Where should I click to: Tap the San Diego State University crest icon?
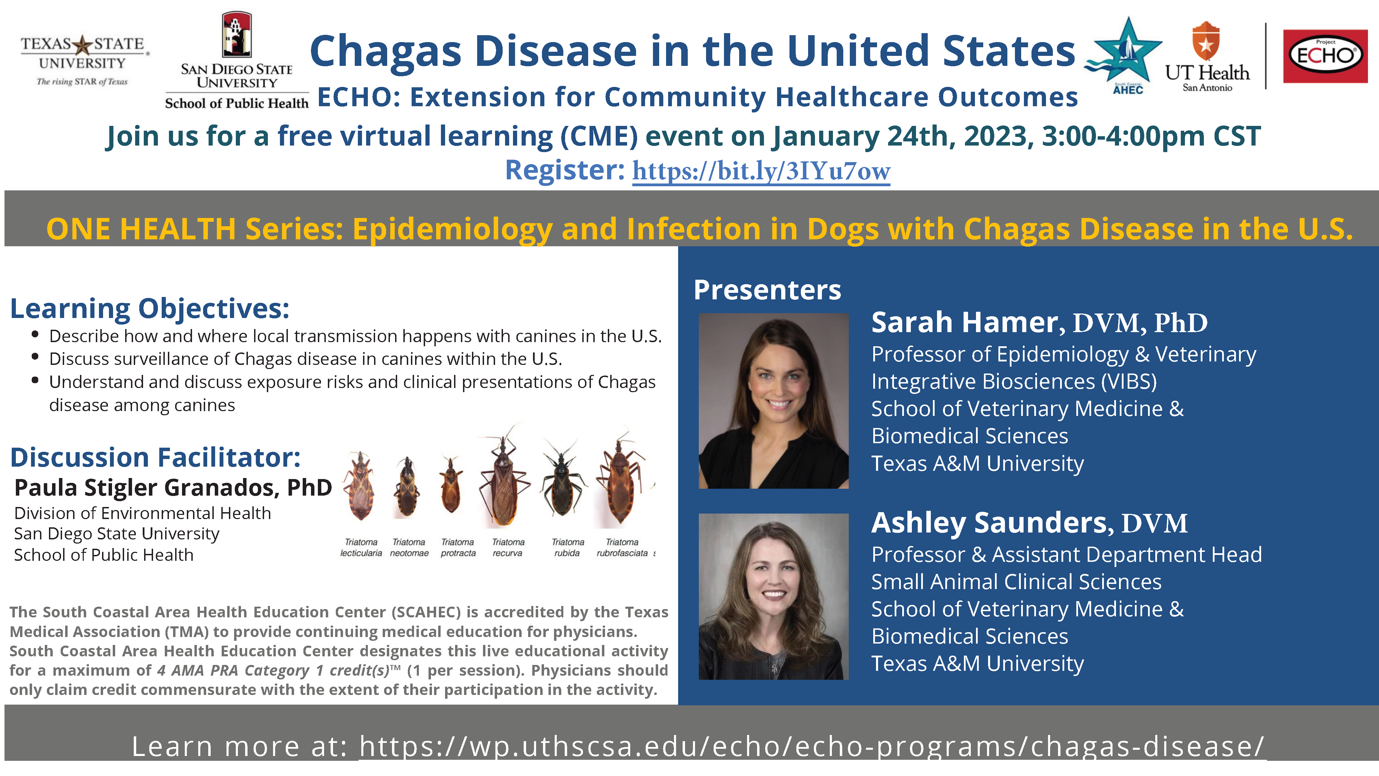pyautogui.click(x=236, y=35)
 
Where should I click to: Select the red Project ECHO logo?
pyautogui.click(x=1325, y=56)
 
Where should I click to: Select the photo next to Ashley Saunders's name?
pyautogui.click(x=774, y=597)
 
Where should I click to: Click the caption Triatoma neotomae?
pyautogui.click(x=409, y=547)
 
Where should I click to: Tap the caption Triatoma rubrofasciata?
pyautogui.click(x=622, y=547)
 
